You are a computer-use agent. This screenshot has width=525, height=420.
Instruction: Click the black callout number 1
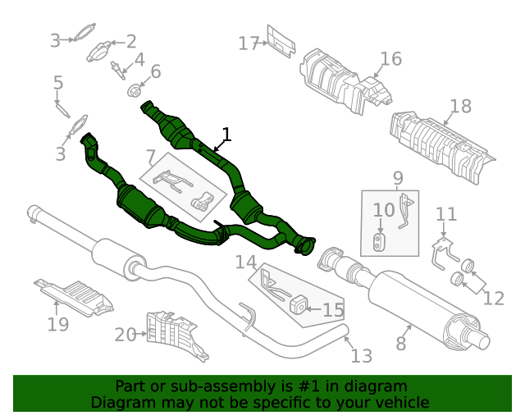(226, 135)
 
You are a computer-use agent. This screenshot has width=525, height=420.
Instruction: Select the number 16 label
(390, 59)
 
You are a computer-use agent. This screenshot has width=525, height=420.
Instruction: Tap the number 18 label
(460, 106)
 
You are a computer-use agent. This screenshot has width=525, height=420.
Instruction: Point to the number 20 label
(125, 334)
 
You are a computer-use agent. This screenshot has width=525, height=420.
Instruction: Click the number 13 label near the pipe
(361, 356)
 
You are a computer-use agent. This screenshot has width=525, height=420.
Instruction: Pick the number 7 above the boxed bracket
(151, 156)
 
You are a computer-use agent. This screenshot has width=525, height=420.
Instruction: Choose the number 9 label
(398, 178)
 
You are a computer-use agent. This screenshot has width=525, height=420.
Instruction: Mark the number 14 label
(246, 262)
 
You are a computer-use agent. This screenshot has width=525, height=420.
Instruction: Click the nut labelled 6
(132, 89)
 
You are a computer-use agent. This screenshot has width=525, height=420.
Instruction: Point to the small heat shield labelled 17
(281, 44)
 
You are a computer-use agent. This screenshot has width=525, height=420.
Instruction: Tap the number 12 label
(493, 298)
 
